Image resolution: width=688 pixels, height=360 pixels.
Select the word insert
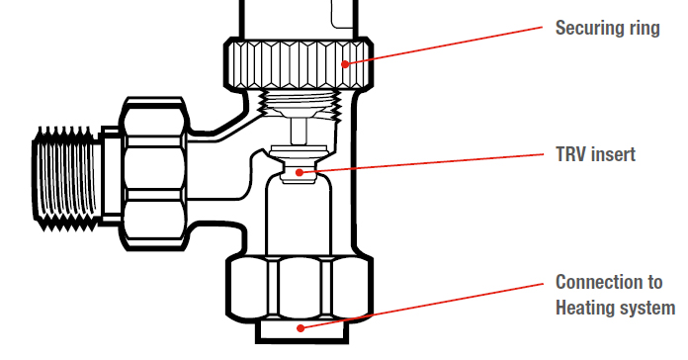click(x=613, y=154)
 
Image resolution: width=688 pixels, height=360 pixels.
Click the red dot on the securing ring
click(x=345, y=64)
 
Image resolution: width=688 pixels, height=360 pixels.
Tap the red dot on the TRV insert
click(x=300, y=172)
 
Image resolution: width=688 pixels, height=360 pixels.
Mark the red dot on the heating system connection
click(x=301, y=328)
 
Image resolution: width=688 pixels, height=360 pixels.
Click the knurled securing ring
click(x=299, y=64)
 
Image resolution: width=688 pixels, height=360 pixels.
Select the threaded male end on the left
click(x=66, y=178)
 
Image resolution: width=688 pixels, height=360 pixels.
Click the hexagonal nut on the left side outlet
click(x=154, y=174)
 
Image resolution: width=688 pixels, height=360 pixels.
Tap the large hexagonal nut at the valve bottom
click(x=300, y=288)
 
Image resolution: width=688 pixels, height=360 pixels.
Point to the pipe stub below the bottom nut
click(x=302, y=331)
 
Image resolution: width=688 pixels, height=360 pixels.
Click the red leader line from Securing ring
click(x=444, y=45)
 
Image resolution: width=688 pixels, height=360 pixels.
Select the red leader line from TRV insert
click(x=421, y=163)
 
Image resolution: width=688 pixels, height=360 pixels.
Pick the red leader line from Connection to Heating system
click(x=422, y=306)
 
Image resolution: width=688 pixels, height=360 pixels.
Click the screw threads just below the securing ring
click(x=301, y=104)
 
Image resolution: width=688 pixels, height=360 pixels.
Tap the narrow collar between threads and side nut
click(x=111, y=176)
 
